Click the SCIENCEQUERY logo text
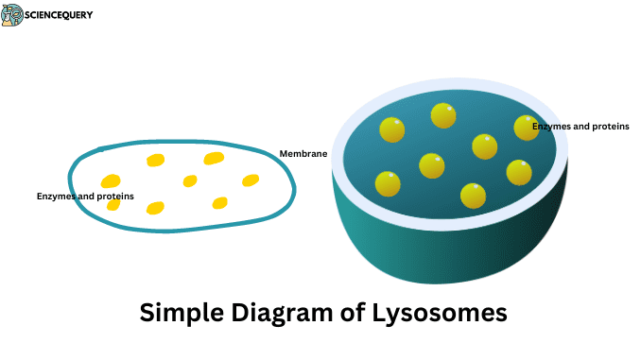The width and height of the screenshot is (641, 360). (60, 15)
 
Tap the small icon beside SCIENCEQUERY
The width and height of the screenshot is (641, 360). (12, 14)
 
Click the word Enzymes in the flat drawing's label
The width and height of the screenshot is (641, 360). (57, 196)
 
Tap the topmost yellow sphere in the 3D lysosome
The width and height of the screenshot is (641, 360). (443, 115)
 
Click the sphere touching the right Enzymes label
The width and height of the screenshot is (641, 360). (526, 128)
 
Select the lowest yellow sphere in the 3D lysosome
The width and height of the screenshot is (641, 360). (473, 196)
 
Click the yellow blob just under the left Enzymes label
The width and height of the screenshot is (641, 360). (113, 205)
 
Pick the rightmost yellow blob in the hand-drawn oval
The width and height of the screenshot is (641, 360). (251, 180)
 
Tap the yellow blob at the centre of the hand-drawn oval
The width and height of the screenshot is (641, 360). (190, 180)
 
